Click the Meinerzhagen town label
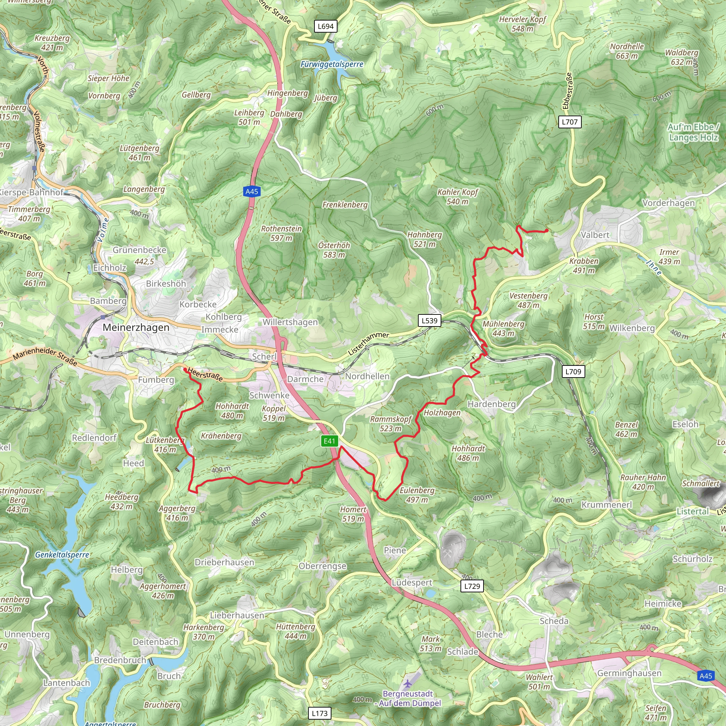tap(136, 327)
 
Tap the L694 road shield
tap(325, 26)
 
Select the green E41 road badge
tap(329, 441)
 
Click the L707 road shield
tap(570, 122)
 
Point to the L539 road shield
tap(430, 320)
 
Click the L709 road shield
tap(574, 372)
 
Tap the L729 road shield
tap(472, 586)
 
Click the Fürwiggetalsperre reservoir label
tap(332, 64)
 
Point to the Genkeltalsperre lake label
tap(62, 555)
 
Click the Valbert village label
tap(595, 235)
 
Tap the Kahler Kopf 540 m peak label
tap(457, 196)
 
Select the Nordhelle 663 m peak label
tap(627, 51)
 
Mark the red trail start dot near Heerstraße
tap(184, 370)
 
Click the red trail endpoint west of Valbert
tap(546, 230)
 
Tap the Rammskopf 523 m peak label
tap(391, 424)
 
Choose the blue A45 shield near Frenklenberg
tap(252, 192)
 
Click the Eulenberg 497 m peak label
tap(417, 495)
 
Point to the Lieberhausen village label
tap(237, 615)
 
